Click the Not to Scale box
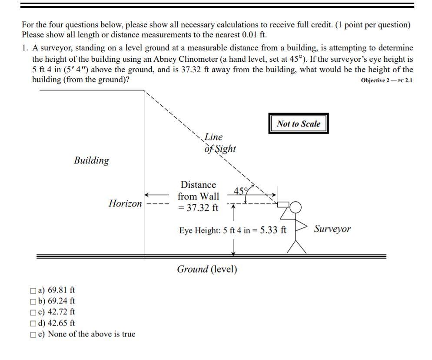coord(298,124)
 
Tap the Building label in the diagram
coord(91,160)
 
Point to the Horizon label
coord(125,203)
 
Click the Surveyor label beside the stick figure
coord(332,229)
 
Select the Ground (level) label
coord(207,269)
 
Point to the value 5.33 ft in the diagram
coord(273,230)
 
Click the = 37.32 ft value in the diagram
coord(198,207)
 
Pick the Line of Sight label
coord(219,143)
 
